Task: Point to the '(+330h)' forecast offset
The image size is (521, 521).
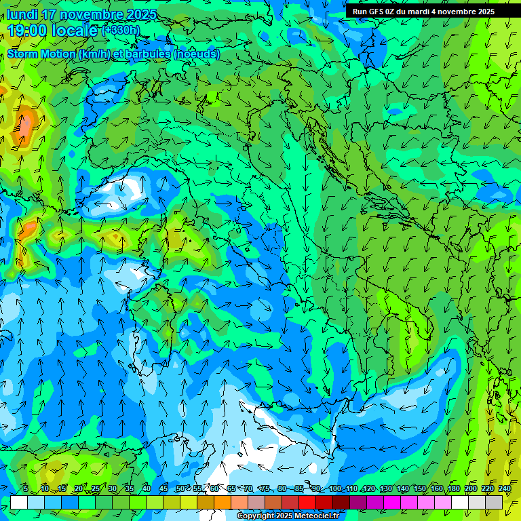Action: [121, 31]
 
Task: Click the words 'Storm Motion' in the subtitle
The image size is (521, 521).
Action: [40, 54]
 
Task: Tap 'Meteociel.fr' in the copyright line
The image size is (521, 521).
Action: [315, 516]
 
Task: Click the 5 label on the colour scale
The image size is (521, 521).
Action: [26, 489]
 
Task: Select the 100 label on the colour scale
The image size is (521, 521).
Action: [335, 489]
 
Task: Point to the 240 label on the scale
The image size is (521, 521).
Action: [505, 489]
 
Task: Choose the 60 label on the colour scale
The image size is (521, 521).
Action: [214, 489]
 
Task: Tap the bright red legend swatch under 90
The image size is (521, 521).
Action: [307, 502]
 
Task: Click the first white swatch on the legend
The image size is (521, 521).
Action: [19, 502]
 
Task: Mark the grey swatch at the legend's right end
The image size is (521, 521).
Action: [494, 502]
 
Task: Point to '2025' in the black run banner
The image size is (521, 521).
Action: [485, 12]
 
